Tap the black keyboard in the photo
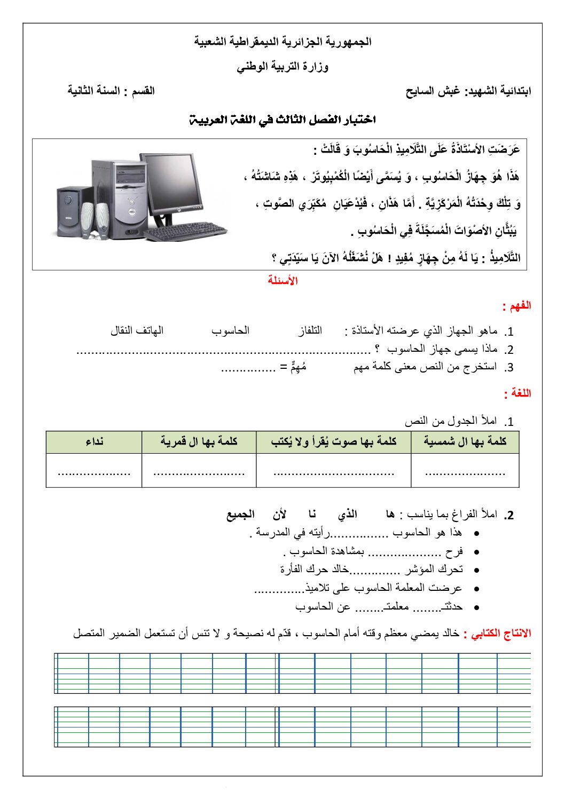tap(184, 231)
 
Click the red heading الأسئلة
tap(282, 281)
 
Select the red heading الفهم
tap(516, 306)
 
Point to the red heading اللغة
tap(517, 394)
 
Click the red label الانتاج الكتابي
tap(497, 634)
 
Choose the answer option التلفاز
tap(310, 331)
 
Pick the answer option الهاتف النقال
tap(137, 331)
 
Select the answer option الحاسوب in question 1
tap(230, 331)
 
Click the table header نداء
tap(94, 442)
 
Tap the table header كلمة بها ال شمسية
tap(465, 442)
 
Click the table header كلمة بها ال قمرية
tap(199, 442)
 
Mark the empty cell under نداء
tap(94, 471)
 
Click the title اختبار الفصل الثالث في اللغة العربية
tap(282, 120)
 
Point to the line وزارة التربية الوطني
tap(282, 67)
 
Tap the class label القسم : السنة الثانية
tap(111, 91)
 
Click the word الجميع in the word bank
tap(240, 515)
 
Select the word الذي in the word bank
tap(347, 515)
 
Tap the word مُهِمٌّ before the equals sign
tap(298, 367)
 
